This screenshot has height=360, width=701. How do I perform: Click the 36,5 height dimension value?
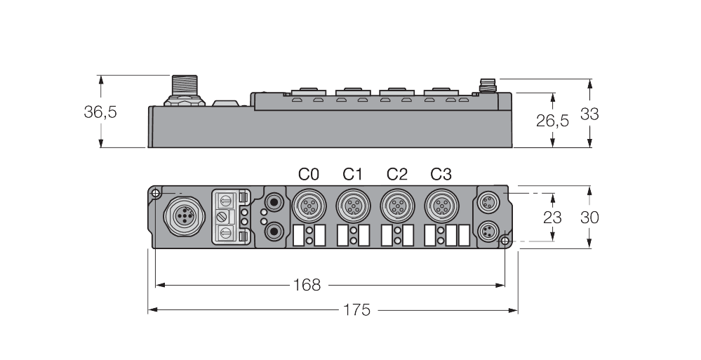(x=100, y=112)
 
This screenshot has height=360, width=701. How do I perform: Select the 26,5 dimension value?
(x=552, y=120)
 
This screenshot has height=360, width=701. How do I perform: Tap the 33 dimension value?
(x=589, y=114)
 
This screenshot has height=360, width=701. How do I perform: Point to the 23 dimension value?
(x=552, y=217)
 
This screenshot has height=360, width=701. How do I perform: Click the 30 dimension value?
(x=589, y=217)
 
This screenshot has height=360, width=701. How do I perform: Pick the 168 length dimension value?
(x=307, y=285)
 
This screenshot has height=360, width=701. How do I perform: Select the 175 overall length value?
(x=357, y=309)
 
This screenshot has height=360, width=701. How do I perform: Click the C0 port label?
(x=308, y=173)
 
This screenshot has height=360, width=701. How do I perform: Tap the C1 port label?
(x=352, y=173)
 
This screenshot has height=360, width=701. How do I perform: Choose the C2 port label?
(x=396, y=173)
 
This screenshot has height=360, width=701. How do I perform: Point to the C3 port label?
(x=441, y=173)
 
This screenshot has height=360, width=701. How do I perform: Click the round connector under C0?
(x=308, y=206)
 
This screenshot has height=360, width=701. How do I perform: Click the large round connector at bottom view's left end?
(x=181, y=216)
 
